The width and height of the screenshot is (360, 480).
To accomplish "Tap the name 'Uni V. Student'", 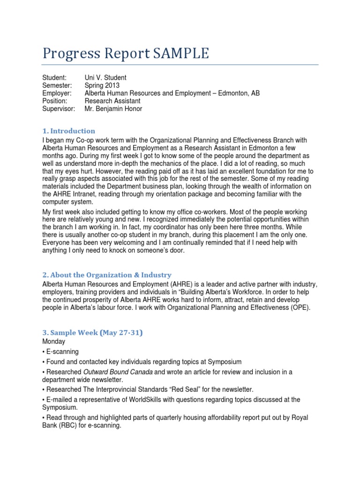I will pyautogui.click(x=105, y=77).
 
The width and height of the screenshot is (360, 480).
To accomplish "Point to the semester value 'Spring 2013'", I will pyautogui.click(x=102, y=85).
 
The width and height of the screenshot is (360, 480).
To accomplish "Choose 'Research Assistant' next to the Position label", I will pyautogui.click(x=112, y=101).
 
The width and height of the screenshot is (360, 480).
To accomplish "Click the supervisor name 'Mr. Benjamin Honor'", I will pyautogui.click(x=113, y=109).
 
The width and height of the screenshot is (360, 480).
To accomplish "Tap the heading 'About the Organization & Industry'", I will pyautogui.click(x=111, y=275).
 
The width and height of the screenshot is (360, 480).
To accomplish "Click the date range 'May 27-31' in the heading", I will pyautogui.click(x=120, y=333).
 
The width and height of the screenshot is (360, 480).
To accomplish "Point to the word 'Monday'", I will pyautogui.click(x=54, y=342).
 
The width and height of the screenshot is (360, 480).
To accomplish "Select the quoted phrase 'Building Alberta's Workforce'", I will pyautogui.click(x=228, y=292).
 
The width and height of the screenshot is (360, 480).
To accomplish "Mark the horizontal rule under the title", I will pyautogui.click(x=180, y=64).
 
